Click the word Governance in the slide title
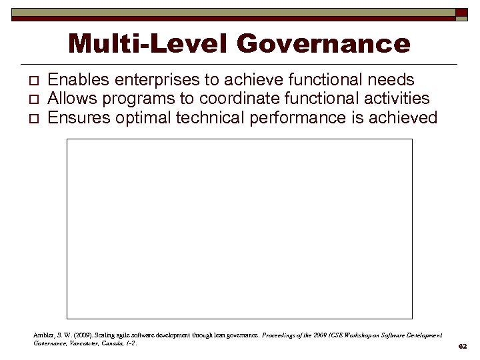point(323,44)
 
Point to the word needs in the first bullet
point(392,81)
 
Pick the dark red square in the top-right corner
point(461,13)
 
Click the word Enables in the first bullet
point(79,81)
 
